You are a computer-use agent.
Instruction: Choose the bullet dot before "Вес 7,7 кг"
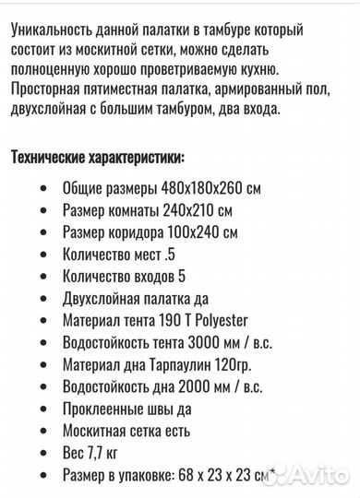[x=45, y=453]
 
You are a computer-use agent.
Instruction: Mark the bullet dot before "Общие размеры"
[x=45, y=187]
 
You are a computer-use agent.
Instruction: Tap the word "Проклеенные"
[x=102, y=409]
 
